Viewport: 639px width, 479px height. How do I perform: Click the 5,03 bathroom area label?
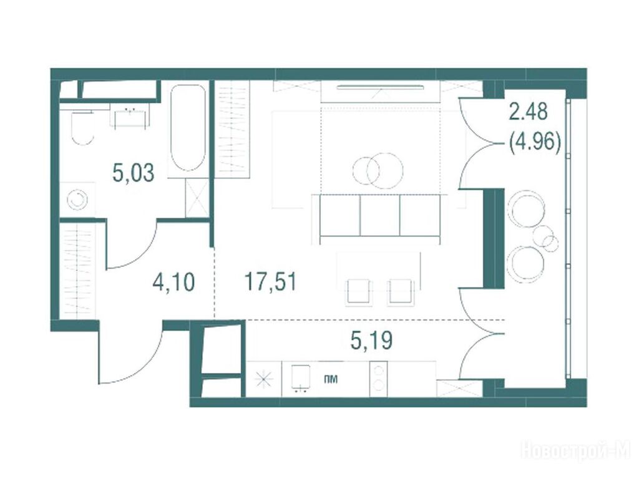click(134, 173)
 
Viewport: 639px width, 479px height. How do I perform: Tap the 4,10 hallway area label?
click(173, 283)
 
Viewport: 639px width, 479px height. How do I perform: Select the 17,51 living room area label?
click(270, 282)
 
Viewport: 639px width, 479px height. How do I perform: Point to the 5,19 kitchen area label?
click(371, 341)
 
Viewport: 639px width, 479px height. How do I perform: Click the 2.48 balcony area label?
click(528, 112)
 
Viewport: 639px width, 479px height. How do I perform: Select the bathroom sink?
click(130, 118)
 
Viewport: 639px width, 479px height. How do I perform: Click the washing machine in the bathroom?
click(77, 200)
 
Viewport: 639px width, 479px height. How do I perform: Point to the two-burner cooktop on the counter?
click(379, 379)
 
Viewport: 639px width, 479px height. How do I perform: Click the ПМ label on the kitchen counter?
click(331, 380)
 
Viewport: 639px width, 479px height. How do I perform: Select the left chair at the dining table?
click(359, 292)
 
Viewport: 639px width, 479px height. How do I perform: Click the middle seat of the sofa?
click(380, 216)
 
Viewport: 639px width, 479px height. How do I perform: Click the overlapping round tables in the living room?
click(378, 171)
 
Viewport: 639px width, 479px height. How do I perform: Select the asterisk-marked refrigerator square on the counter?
click(264, 380)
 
